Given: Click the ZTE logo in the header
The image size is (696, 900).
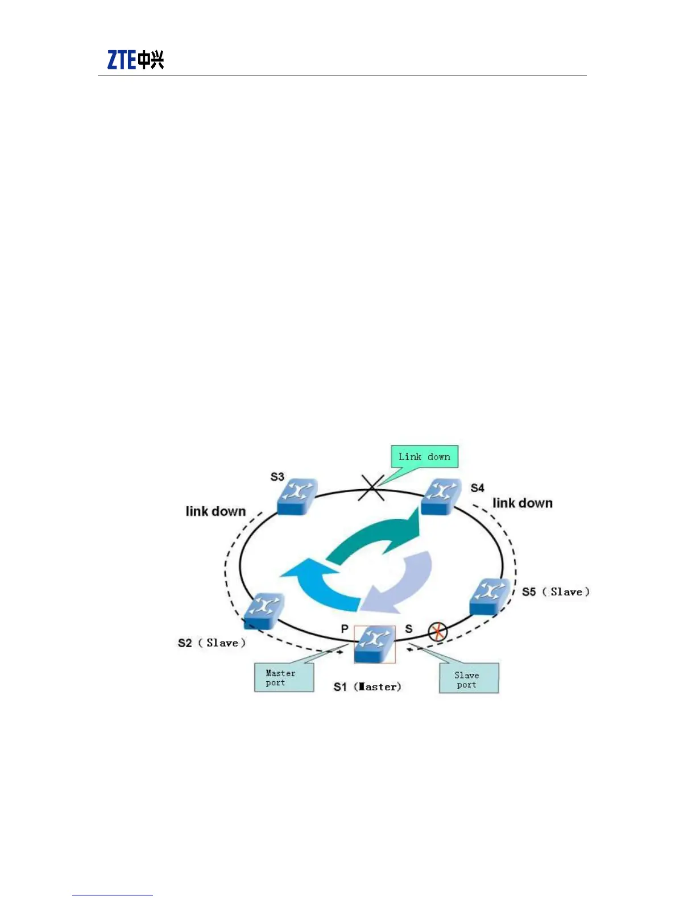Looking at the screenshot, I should click(135, 60).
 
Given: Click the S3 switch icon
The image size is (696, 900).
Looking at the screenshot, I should click(297, 496).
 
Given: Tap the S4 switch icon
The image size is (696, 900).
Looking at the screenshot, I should click(441, 496).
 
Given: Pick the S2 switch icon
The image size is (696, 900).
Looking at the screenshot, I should click(264, 610).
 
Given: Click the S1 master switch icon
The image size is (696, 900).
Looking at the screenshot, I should click(374, 644).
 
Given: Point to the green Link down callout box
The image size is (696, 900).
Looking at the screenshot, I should click(424, 457).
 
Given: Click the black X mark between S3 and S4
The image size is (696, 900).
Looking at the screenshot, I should click(372, 488).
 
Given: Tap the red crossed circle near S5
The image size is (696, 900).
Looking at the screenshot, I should click(437, 631).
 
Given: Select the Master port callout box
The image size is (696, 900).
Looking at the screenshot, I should click(284, 678).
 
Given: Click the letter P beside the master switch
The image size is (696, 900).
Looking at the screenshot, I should click(345, 628).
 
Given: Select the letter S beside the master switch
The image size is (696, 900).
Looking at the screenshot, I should click(408, 628).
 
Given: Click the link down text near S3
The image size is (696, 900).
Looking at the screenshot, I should click(216, 511).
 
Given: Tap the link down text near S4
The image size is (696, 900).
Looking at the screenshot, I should click(522, 503).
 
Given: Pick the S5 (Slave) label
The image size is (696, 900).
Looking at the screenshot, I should click(556, 591).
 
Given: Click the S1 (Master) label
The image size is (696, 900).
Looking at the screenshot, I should click(367, 686).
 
